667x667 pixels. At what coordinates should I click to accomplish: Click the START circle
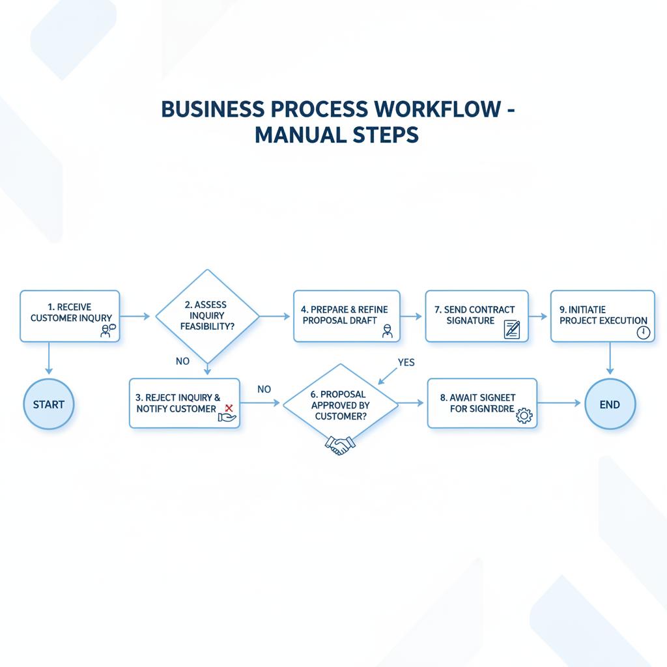[49, 404]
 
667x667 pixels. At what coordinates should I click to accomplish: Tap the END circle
[610, 404]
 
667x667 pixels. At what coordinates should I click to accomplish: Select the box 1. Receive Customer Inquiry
[70, 316]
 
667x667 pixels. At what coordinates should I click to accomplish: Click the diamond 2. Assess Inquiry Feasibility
[207, 316]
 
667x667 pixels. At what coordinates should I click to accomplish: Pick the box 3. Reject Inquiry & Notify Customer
[184, 403]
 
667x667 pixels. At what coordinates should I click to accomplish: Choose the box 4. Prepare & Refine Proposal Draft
[347, 316]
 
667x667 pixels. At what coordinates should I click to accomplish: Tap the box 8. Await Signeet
[482, 403]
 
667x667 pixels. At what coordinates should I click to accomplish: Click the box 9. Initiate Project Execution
[603, 316]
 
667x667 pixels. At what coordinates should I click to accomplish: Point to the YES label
[406, 363]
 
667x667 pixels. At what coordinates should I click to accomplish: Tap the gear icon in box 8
[524, 416]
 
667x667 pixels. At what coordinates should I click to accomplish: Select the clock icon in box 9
[643, 332]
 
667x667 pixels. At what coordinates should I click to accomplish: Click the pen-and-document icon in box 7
[512, 329]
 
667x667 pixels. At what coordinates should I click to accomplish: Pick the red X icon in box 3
[229, 408]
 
